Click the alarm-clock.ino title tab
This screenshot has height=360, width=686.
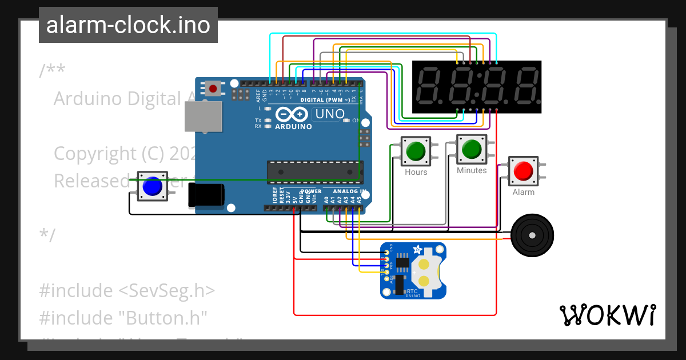tap(128, 25)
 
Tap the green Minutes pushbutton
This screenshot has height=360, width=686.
tap(472, 149)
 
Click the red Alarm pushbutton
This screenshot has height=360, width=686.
tap(523, 171)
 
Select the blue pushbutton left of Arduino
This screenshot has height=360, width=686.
tap(152, 186)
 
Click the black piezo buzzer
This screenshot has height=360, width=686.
tap(532, 235)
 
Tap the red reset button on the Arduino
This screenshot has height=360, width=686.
tap(214, 89)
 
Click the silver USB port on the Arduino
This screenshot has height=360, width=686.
tap(203, 117)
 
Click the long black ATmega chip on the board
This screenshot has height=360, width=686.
tap(314, 170)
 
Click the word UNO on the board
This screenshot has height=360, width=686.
tap(330, 114)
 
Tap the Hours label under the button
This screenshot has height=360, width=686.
tap(416, 172)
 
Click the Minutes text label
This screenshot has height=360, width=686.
tap(472, 170)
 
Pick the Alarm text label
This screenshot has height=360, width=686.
tap(523, 192)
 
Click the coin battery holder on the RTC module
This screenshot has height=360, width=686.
tap(426, 272)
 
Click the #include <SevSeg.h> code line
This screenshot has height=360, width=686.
tap(127, 290)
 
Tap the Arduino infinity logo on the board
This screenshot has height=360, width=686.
tap(292, 114)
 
